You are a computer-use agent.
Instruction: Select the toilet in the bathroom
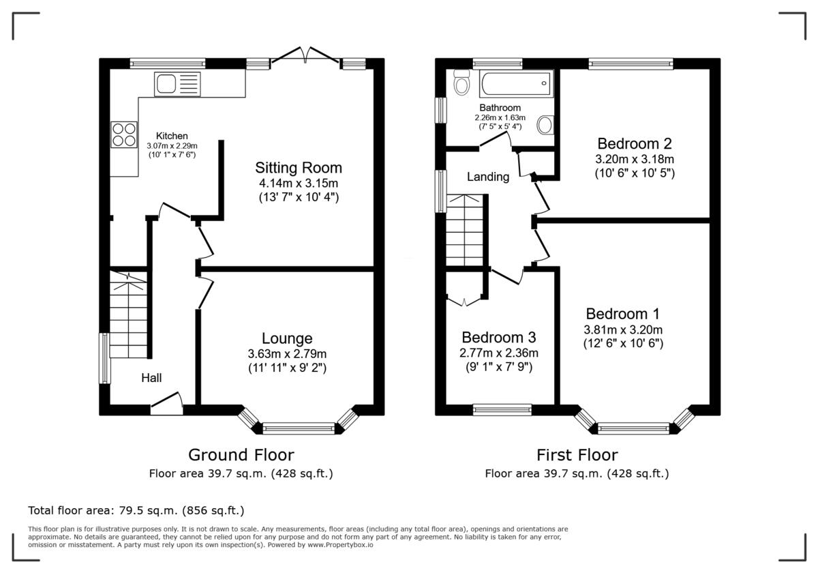pos(461,85)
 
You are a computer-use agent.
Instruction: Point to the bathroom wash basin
pos(545,125)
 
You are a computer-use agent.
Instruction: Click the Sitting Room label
pos(298,168)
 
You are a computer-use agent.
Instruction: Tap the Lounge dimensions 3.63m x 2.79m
pos(287,354)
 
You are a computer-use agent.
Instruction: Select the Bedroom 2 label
pos(634,144)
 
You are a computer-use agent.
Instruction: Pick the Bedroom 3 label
pos(498,338)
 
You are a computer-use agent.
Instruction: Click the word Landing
pos(487,177)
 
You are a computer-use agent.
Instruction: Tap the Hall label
pos(151,377)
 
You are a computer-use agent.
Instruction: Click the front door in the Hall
pos(166,404)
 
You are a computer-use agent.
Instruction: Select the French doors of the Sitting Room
pos(305,57)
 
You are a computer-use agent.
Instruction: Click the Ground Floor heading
pos(241,455)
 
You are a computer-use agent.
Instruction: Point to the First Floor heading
pos(577,455)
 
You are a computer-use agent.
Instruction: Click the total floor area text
pos(136,510)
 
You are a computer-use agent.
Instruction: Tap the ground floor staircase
pos(127,314)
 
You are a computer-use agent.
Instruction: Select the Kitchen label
pos(172,136)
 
